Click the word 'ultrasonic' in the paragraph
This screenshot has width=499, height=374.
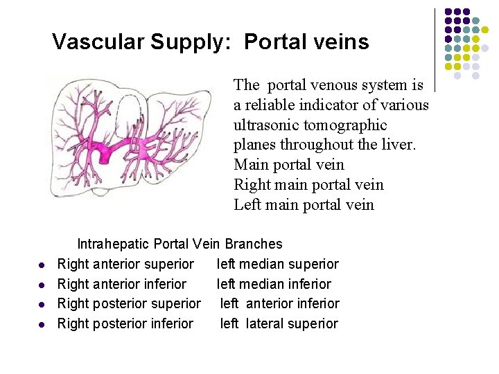(x=268, y=125)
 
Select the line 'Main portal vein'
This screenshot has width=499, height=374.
(x=289, y=165)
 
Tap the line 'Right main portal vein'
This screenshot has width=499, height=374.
(x=308, y=185)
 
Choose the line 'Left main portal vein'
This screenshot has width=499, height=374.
(x=304, y=205)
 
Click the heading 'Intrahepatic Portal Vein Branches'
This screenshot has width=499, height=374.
(x=180, y=244)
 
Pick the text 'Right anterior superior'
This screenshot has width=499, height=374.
(x=125, y=264)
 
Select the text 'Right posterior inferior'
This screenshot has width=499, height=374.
(x=125, y=323)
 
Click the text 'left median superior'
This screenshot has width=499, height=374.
(x=278, y=264)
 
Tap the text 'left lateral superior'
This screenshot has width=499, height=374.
(x=279, y=323)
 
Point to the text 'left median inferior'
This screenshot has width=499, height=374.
(x=274, y=284)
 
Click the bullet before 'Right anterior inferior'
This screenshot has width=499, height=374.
(x=42, y=285)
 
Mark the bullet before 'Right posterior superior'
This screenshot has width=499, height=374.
(x=42, y=305)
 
